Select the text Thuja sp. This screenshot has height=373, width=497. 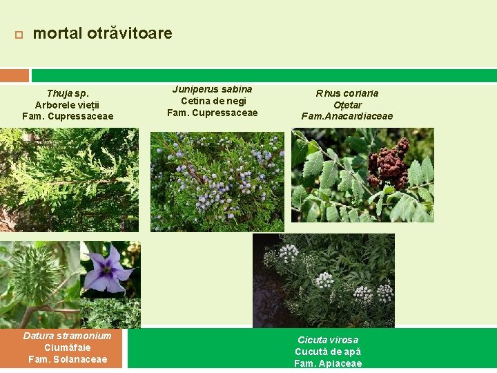(x=68, y=93)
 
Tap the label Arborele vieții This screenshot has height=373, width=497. (x=68, y=105)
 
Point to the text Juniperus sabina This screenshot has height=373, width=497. (x=212, y=89)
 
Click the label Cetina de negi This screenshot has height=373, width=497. (x=212, y=101)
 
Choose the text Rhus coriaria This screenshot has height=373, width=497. (x=347, y=93)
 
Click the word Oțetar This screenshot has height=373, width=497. (x=347, y=105)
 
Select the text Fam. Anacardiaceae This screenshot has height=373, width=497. (x=347, y=116)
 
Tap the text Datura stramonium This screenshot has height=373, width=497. (x=67, y=336)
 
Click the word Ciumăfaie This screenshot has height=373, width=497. (x=67, y=347)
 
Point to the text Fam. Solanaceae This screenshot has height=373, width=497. (x=68, y=359)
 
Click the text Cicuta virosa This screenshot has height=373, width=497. (x=328, y=340)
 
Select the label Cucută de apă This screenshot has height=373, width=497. (x=328, y=352)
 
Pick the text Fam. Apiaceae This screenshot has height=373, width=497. (x=328, y=363)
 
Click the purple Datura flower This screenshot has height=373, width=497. (x=108, y=269)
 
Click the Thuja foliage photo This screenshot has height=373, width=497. (x=69, y=180)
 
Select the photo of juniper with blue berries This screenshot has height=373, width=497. (x=217, y=181)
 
